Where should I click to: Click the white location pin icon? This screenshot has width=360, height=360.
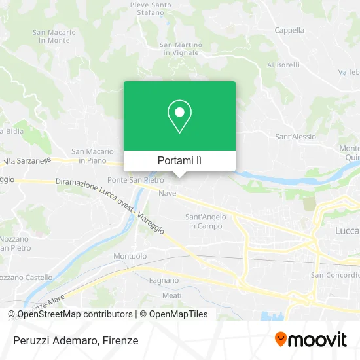pyautogui.click(x=179, y=117)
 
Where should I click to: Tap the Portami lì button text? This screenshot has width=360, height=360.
pyautogui.click(x=179, y=160)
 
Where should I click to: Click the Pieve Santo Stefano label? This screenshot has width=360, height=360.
pyautogui.click(x=151, y=8)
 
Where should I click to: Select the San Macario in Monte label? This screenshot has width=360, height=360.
pyautogui.click(x=54, y=36)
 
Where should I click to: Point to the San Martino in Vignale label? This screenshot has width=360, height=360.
pyautogui.click(x=179, y=48)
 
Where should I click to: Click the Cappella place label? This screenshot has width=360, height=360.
pyautogui.click(x=289, y=30)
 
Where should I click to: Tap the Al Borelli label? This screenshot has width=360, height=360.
pyautogui.click(x=283, y=65)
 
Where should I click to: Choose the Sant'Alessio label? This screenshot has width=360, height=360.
pyautogui.click(x=295, y=137)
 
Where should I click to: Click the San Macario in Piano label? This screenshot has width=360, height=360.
pyautogui.click(x=93, y=155)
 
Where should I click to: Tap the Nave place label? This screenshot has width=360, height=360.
pyautogui.click(x=168, y=194)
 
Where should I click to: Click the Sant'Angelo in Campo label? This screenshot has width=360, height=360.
pyautogui.click(x=203, y=221)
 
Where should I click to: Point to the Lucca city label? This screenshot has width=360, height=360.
pyautogui.click(x=346, y=231)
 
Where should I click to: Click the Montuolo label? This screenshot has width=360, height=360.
pyautogui.click(x=130, y=256)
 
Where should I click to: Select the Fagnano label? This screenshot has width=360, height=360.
pyautogui.click(x=164, y=280)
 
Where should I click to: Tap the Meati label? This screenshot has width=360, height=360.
pyautogui.click(x=171, y=296)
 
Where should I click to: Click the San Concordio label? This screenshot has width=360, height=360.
pyautogui.click(x=334, y=275)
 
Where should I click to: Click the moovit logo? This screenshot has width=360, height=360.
pyautogui.click(x=311, y=340)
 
